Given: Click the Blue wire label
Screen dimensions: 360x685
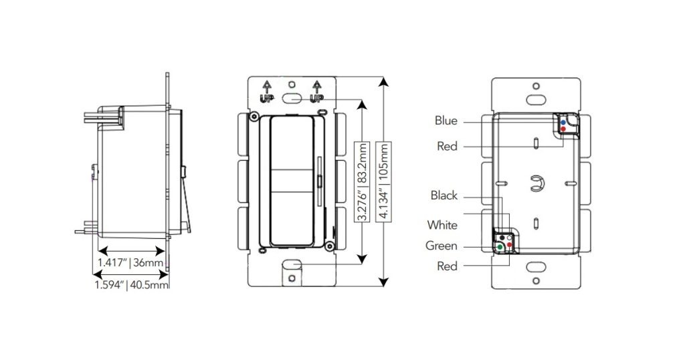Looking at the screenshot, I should [x=446, y=121].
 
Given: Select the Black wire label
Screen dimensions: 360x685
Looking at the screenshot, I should [x=444, y=196].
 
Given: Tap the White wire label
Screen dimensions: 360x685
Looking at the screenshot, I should [x=444, y=226].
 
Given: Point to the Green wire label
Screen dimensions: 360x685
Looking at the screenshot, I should [x=442, y=246].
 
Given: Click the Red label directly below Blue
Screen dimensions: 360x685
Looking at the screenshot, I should [x=447, y=147].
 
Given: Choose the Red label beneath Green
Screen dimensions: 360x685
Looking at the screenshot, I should [x=447, y=267].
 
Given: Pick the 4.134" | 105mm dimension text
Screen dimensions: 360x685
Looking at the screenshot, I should [x=383, y=181].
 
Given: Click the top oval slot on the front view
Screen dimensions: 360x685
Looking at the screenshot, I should [x=291, y=98].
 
